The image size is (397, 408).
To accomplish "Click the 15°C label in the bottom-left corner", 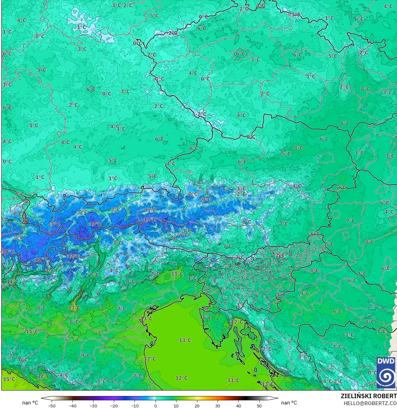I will [x=9, y=379].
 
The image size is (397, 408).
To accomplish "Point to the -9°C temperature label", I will [x=206, y=199].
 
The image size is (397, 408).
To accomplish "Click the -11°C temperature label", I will [x=40, y=259].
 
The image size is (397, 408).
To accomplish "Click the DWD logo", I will [x=386, y=372].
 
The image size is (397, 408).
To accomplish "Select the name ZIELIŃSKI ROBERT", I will [x=368, y=396].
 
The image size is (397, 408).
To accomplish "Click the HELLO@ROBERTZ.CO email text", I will [x=370, y=403].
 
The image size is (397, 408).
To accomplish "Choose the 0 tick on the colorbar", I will [x=155, y=405].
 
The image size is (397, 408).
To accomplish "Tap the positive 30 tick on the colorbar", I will [x=218, y=405].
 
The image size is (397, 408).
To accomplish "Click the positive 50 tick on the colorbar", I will [x=259, y=405].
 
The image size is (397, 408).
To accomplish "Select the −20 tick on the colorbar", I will [x=114, y=405].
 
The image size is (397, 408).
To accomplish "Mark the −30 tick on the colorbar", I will [x=93, y=405].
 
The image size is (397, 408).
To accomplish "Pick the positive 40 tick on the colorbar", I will [x=239, y=405].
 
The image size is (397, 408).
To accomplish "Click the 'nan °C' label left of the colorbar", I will [x=30, y=403].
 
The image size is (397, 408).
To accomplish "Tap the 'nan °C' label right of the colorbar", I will [x=289, y=403].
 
